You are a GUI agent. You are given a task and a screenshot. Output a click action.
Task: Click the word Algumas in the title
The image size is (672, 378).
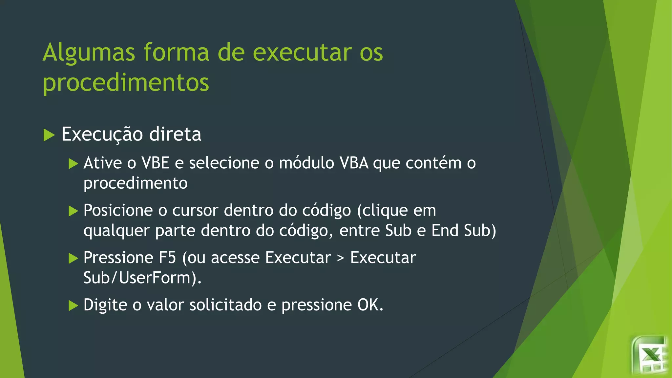tap(89, 52)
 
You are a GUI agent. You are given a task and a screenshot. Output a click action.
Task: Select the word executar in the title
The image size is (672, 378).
tap(302, 52)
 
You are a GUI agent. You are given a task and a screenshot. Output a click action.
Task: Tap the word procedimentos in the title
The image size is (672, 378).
tap(126, 82)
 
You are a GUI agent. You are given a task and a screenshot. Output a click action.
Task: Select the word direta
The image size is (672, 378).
tap(175, 134)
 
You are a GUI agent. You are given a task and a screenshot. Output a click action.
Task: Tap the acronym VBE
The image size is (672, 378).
tap(155, 163)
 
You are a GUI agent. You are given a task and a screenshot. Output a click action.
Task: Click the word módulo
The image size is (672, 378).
tap(306, 163)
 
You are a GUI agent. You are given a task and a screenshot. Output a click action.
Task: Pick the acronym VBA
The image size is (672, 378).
tap(354, 163)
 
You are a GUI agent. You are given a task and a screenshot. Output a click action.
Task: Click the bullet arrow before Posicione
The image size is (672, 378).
tap(73, 211)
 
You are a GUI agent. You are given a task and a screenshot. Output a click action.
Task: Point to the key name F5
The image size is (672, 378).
tap(167, 258)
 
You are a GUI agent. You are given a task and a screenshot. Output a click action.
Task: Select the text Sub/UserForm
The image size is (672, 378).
tap(137, 278)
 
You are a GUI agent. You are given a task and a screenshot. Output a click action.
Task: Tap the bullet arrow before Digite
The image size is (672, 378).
tap(73, 306)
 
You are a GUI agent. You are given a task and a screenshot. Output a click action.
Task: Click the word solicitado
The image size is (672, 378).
tap(225, 305)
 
